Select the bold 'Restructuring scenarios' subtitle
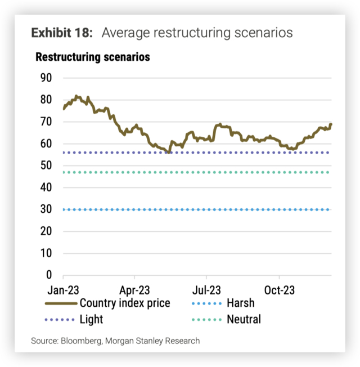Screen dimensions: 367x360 pos(93,57)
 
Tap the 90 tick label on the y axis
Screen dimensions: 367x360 pos(46,78)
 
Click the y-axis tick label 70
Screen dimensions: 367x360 pos(46,122)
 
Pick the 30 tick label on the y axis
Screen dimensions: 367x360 pos(46,209)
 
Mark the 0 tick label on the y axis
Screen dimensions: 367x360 pos(49,275)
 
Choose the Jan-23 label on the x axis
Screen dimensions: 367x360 pos(62,291)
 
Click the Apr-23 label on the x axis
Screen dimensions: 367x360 pos(134,291)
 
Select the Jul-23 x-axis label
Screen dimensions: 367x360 pos(206,291)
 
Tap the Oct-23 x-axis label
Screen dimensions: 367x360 pos(279,291)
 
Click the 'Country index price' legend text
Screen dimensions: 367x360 pos(125,303)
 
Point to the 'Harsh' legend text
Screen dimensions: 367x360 pos(240,303)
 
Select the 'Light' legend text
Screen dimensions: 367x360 pos(92,320)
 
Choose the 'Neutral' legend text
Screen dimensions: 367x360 pos(244,320)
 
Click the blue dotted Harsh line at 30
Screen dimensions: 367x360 pos(197,209)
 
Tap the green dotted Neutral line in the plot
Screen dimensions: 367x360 pos(197,172)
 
